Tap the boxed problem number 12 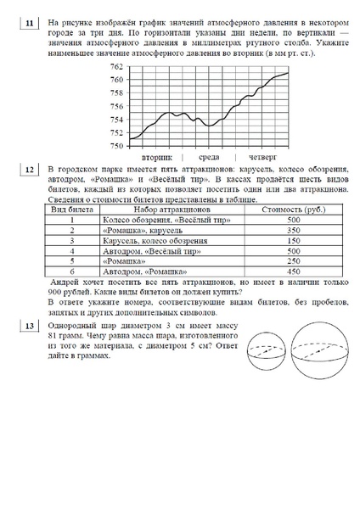click(31, 170)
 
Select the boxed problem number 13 click(31, 327)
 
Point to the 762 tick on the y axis click(116, 66)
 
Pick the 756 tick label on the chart click(116, 106)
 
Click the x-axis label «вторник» click(158, 157)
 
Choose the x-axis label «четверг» click(262, 157)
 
